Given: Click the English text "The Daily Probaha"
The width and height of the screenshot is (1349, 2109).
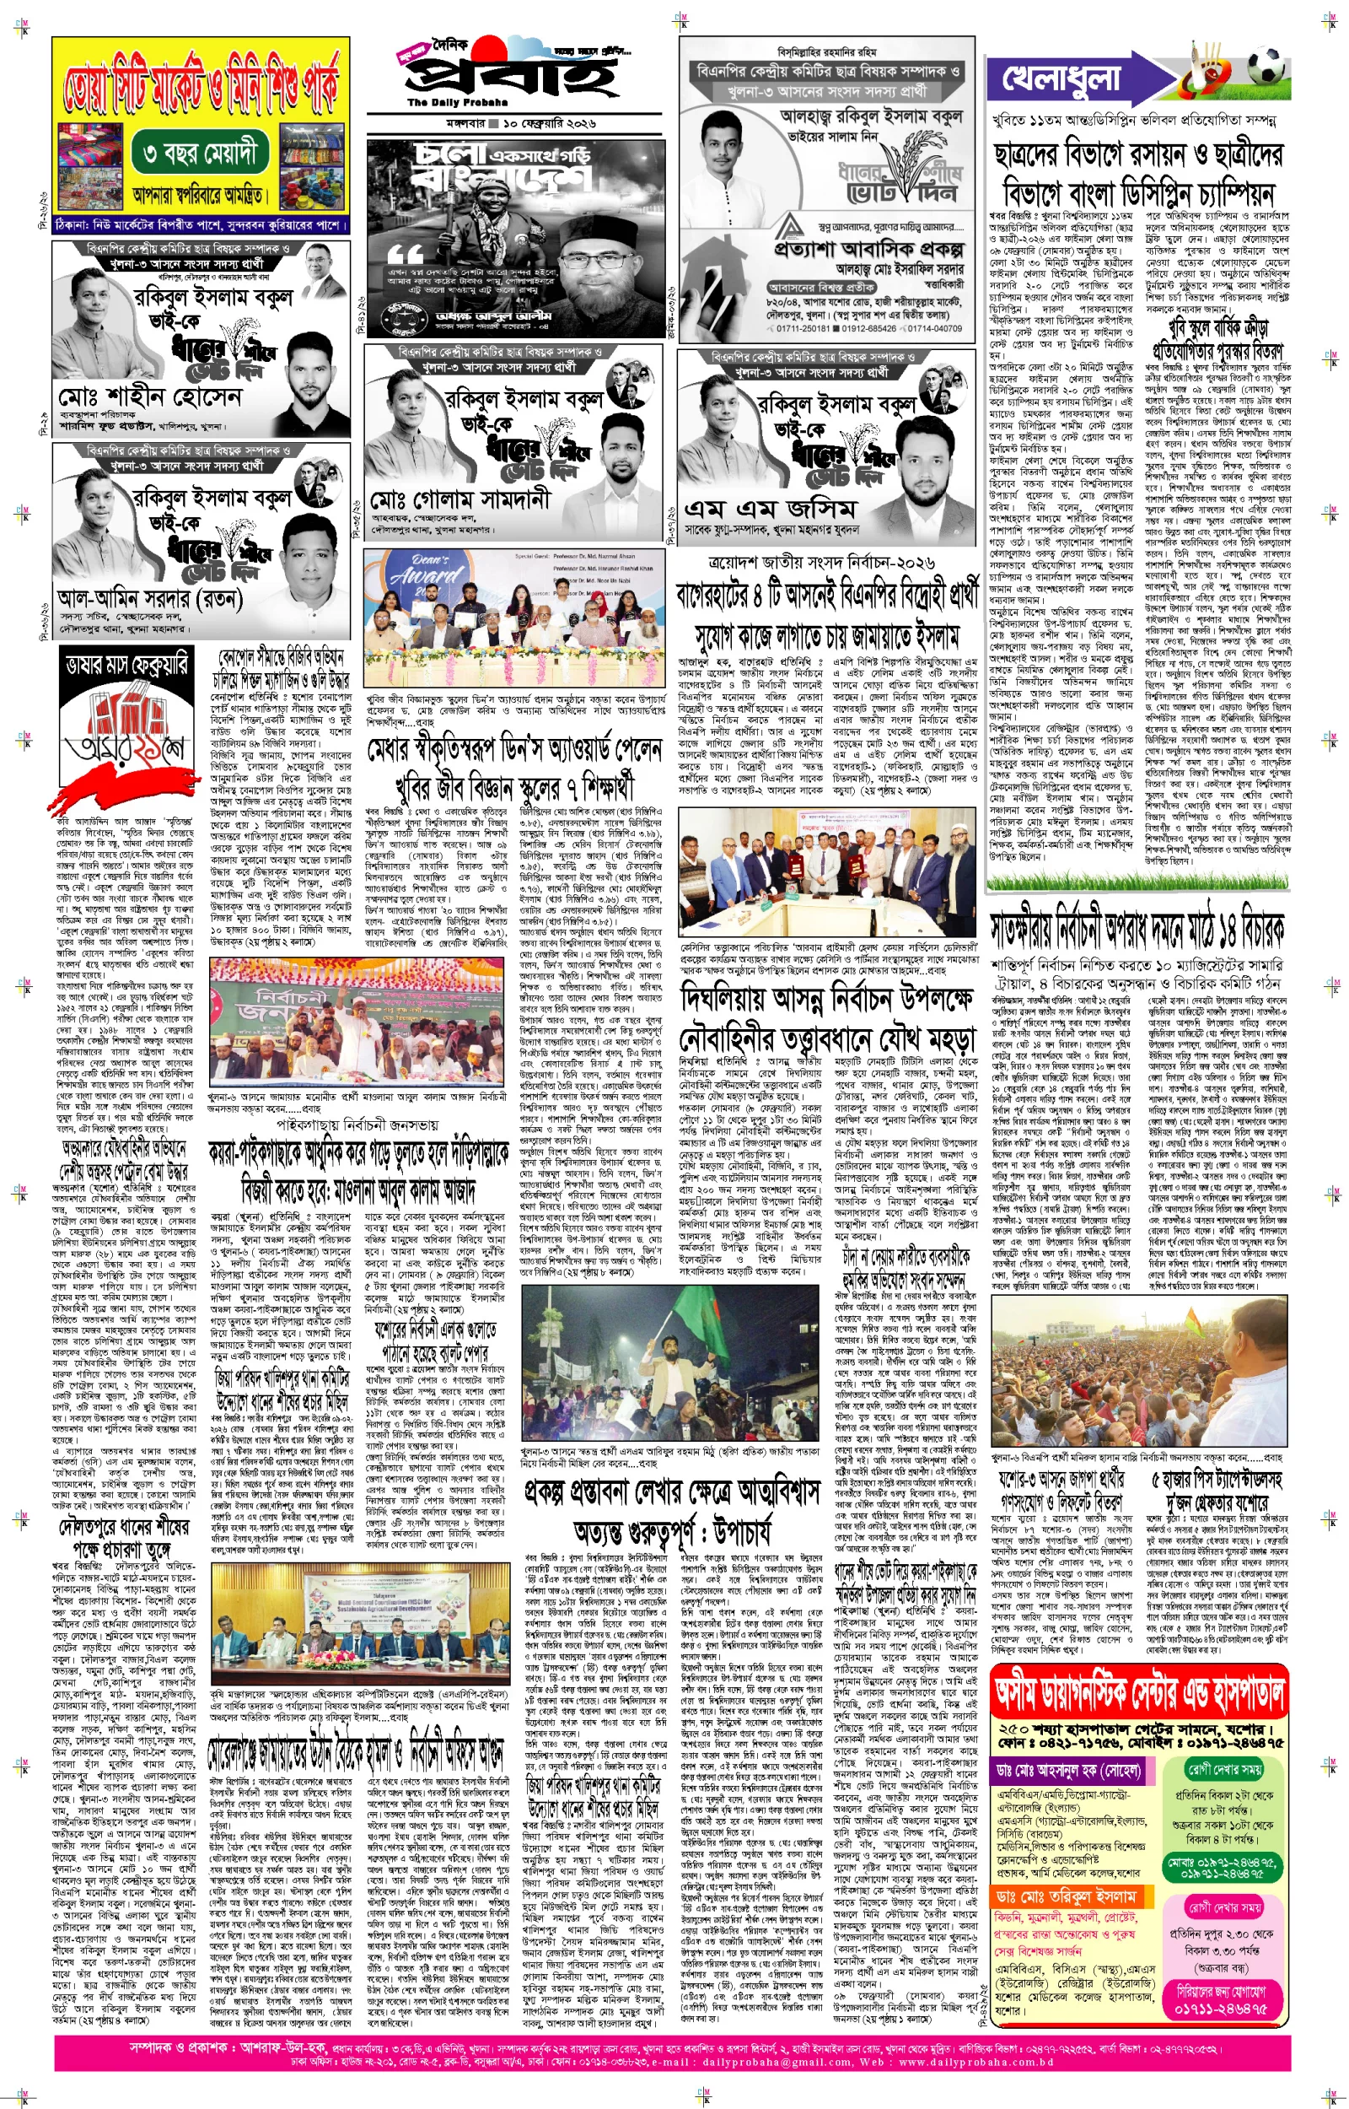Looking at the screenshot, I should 445,104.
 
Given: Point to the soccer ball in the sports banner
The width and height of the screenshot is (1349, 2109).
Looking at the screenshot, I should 1267,67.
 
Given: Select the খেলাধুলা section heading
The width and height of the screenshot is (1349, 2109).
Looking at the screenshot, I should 1061,78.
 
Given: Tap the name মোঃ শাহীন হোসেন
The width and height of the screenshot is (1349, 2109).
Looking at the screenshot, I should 149,397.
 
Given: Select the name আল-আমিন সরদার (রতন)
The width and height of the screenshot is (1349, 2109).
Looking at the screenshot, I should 148,599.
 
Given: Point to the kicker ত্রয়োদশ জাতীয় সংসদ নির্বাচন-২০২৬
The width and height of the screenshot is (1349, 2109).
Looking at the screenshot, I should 821,563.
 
